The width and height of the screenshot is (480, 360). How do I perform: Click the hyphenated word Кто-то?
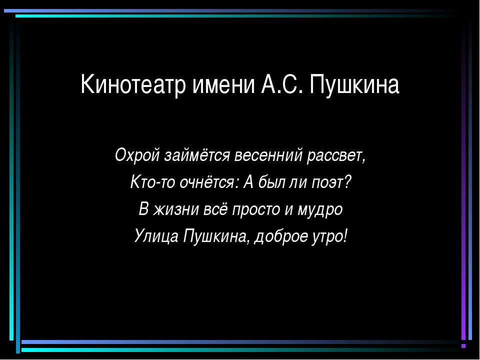tap(145, 182)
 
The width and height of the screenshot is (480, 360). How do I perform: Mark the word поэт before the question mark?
tap(328, 182)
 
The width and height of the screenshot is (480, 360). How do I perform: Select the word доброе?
tap(280, 235)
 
